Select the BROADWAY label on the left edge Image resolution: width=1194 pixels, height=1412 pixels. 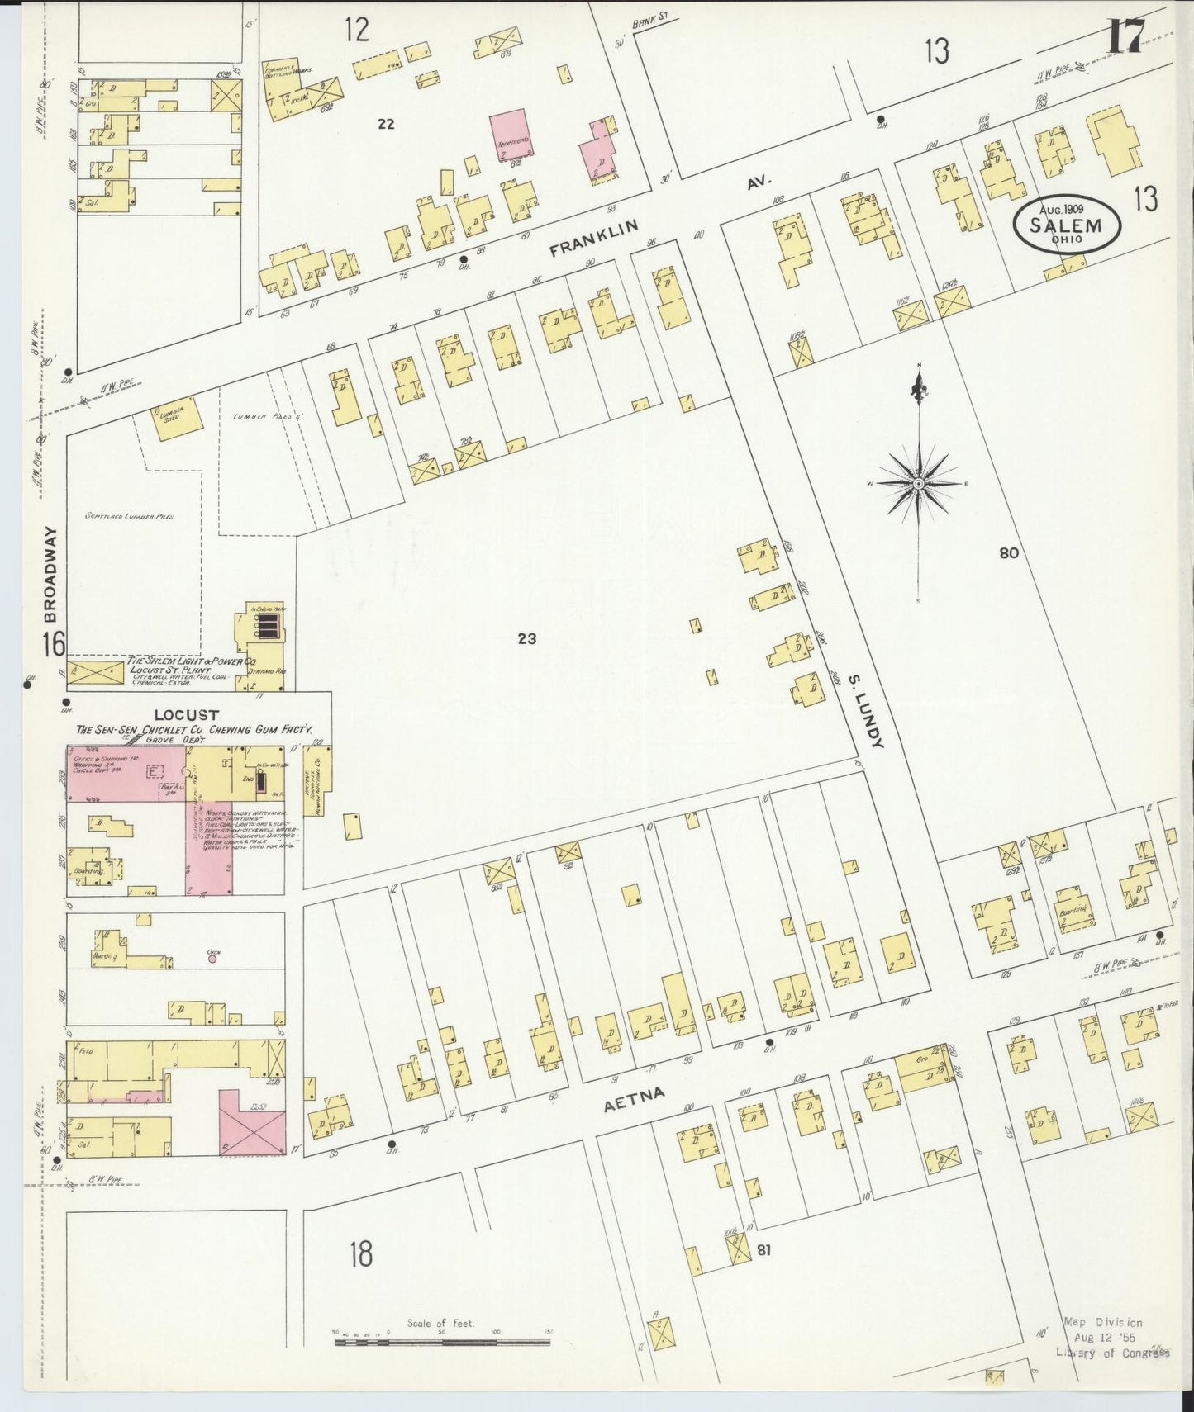coord(51,575)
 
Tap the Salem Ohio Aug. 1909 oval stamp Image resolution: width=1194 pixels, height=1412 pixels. coord(1068,223)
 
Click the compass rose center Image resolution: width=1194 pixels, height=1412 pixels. coord(918,483)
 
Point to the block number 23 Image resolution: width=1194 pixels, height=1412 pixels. coord(527,638)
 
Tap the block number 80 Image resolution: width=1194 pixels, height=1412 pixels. coord(1008,553)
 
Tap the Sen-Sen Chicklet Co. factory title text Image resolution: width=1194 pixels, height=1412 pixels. coord(193,730)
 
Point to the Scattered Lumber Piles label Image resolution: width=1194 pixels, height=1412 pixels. coord(129,516)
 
